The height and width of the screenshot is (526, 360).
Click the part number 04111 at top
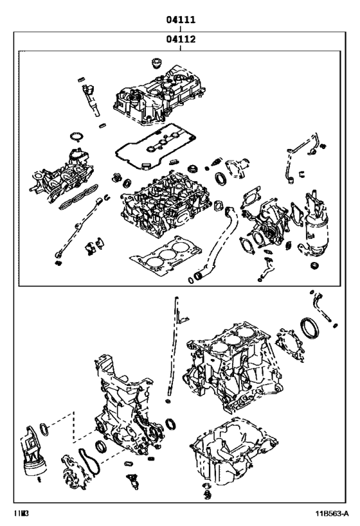[181, 20]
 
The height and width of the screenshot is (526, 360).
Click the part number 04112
[181, 39]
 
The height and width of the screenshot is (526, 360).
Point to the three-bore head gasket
[161, 254]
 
